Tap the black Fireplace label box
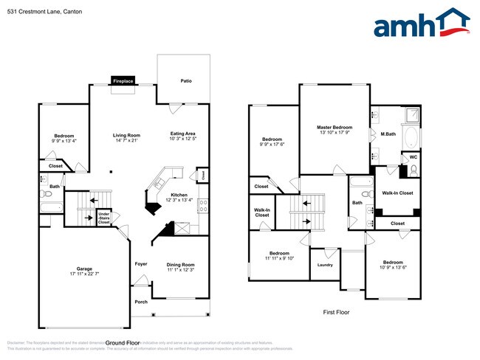coord(123,81)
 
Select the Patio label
coord(186,81)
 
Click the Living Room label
coord(126,135)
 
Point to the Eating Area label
coord(182,134)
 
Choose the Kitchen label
coord(179,195)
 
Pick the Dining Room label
coord(180,264)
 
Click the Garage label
coord(84,269)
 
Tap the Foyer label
coord(140,263)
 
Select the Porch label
coord(140,302)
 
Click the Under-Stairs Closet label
coord(103,217)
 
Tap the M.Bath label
coord(388,134)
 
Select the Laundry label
coord(325,265)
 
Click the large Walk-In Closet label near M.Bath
coord(397,193)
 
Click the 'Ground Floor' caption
coord(123,343)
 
